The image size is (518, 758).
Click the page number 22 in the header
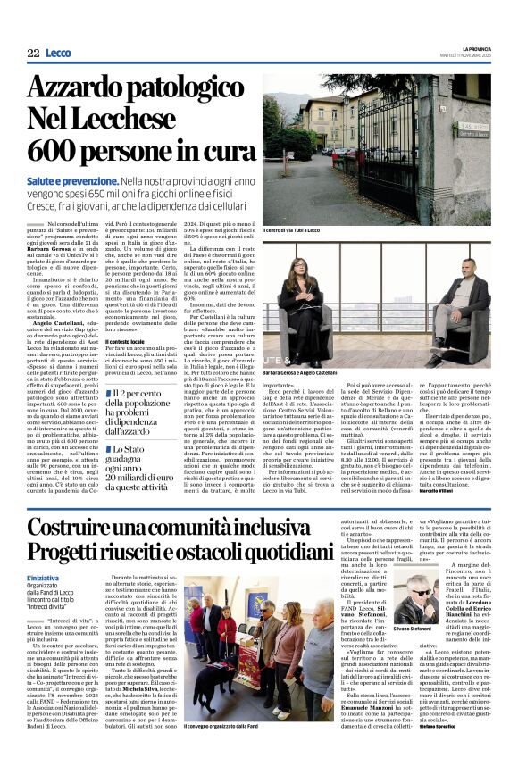point(33,54)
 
